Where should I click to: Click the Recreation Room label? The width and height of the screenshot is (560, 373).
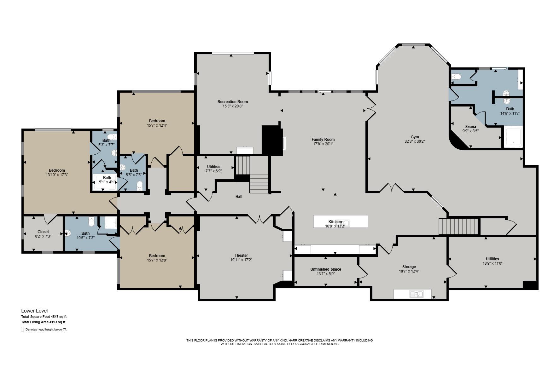tap(232, 101)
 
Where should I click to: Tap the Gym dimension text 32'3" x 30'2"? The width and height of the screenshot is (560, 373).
tap(415, 141)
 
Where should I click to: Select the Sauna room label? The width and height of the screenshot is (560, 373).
tap(470, 127)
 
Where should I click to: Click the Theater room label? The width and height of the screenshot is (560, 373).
tap(241, 255)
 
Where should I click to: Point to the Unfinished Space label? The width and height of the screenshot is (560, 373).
tap(325, 269)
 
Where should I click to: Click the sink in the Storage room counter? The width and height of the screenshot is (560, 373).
tap(416, 294)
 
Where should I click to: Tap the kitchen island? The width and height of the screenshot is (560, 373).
tap(340, 221)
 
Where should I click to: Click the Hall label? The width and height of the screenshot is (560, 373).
tap(239, 197)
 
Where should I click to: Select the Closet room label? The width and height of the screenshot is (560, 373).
tap(43, 232)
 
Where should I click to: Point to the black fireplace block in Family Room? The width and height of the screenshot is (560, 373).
tap(272, 140)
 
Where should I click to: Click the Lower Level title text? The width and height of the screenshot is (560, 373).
tap(34, 311)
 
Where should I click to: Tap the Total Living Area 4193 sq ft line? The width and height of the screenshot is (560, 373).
tap(43, 322)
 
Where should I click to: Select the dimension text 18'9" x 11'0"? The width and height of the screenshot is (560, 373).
tap(492, 263)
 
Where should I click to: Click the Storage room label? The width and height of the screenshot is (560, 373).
tap(409, 267)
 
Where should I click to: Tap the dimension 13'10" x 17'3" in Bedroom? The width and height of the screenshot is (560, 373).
tap(57, 175)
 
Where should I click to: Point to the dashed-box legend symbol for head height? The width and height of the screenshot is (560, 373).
tap(22, 330)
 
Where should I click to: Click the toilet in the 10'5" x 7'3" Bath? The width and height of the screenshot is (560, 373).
tap(91, 222)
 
